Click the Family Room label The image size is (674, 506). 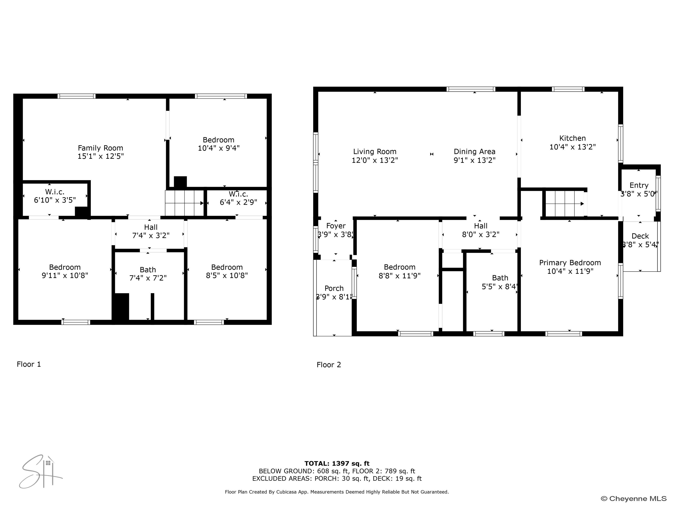point(100,148)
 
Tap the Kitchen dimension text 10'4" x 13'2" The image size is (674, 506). point(572,147)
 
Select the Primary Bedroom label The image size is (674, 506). point(570,263)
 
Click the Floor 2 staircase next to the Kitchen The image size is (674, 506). point(564,203)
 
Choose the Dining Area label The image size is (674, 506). point(474,152)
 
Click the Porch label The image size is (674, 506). point(334,288)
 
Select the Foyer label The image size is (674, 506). point(336,226)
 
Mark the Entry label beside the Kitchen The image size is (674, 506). point(639,185)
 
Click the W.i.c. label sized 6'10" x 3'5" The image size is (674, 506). point(55,192)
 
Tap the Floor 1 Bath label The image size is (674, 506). point(148,270)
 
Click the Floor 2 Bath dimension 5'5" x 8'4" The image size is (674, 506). point(500,286)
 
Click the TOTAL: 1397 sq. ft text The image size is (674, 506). point(337,464)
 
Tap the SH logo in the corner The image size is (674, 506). point(40,472)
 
